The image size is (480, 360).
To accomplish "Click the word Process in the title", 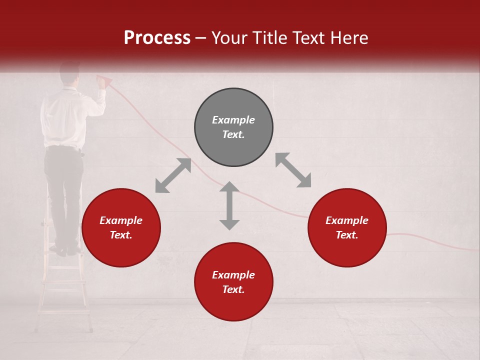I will [x=157, y=38].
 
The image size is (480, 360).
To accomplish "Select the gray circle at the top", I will [x=233, y=127].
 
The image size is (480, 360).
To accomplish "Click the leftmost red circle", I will [x=121, y=227].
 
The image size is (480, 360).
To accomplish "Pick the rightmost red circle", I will [x=347, y=227].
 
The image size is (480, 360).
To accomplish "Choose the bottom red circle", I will [x=233, y=282].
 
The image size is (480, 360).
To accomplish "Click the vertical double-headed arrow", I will [x=229, y=205].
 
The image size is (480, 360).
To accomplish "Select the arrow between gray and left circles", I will [x=173, y=175].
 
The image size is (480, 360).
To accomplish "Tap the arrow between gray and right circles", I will [x=293, y=170].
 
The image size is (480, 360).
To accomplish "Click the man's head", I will [x=69, y=73].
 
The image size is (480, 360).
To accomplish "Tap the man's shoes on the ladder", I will [x=67, y=249].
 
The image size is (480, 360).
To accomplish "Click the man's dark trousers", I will [x=64, y=190].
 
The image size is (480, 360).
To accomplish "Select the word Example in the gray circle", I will [x=233, y=120].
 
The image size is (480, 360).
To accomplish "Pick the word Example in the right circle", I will [x=347, y=220].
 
